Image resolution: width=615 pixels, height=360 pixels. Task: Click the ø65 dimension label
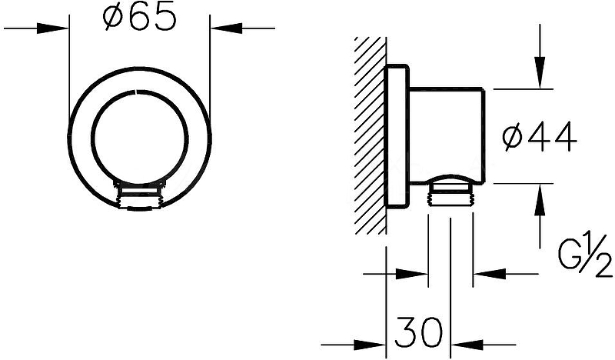coord(139,18)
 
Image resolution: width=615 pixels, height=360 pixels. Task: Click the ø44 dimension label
coord(540,137)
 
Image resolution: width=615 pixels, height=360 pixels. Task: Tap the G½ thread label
coord(585,255)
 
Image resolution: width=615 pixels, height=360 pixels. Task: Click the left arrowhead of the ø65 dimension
coord(53,28)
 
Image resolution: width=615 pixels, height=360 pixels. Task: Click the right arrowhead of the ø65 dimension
coord(226,28)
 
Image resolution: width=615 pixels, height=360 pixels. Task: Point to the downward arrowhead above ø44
coord(540,73)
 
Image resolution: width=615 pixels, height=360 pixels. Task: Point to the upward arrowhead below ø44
coord(540,199)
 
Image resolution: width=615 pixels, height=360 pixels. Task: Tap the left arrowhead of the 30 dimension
coord(371,345)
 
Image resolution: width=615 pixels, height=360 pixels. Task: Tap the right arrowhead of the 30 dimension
coord(467,345)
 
